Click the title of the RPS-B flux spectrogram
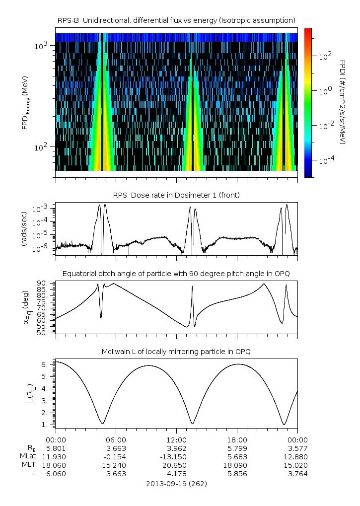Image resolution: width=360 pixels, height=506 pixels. pos(176,20)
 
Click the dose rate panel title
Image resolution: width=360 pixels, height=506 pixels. pos(176,195)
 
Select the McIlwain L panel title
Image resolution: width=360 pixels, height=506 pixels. pos(176,352)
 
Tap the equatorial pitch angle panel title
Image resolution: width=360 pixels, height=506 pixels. pos(176,274)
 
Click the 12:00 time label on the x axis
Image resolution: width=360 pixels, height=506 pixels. pos(176,439)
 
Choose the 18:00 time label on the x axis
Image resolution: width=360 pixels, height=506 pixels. pos(237,439)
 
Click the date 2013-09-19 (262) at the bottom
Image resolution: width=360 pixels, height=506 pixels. pos(176,483)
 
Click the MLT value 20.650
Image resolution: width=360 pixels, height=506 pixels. pos(176,465)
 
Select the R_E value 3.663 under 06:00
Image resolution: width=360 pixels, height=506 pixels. pos(116,448)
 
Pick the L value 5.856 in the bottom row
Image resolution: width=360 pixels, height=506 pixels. pos(237,473)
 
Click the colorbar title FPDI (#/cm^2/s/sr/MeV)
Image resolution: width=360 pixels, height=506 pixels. pos(343,102)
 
